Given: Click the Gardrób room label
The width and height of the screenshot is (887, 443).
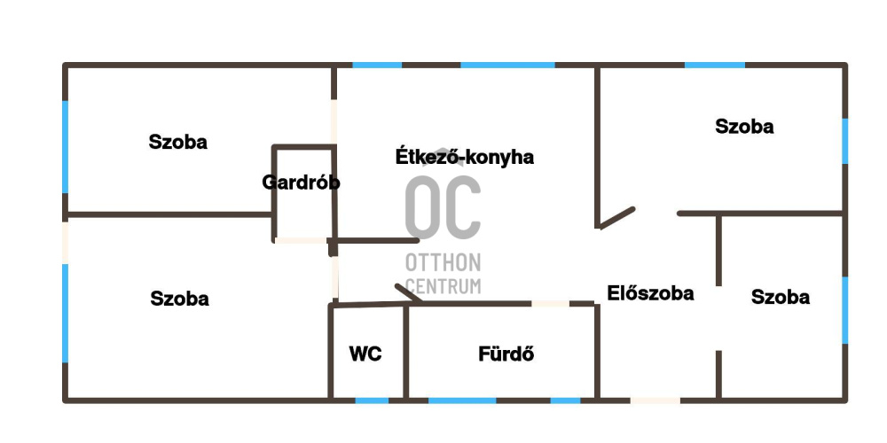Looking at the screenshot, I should click(301, 183).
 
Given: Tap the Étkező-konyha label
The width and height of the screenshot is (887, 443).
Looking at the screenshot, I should click(464, 158).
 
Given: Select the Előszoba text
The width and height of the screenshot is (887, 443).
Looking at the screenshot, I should click(650, 293).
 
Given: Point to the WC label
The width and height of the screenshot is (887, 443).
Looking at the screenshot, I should click(365, 354).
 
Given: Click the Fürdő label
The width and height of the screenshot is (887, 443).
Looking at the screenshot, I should click(506, 354).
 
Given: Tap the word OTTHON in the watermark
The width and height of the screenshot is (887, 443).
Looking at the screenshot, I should click(443, 263).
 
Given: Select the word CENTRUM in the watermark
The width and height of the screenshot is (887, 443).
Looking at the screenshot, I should click(443, 285).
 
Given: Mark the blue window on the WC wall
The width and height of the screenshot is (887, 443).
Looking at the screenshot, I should click(372, 400).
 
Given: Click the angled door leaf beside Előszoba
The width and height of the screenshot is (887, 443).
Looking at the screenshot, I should click(617, 218).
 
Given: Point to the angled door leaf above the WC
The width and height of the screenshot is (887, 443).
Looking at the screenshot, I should click(408, 292).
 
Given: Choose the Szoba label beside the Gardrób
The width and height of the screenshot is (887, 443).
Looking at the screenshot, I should click(178, 142).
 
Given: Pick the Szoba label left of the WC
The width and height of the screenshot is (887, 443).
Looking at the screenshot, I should click(179, 299).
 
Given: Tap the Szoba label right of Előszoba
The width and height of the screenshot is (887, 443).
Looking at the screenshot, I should click(780, 297).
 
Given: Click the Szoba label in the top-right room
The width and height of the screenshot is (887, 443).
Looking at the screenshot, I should click(744, 127).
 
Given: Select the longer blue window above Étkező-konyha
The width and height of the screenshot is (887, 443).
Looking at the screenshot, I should click(507, 65).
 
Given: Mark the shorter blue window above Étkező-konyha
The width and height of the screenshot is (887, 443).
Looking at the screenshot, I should click(378, 65).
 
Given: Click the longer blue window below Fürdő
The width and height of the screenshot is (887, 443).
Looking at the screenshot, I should click(462, 400).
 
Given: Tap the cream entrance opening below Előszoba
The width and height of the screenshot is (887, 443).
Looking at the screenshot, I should click(655, 400).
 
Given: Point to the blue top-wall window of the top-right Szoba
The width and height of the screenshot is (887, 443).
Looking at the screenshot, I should click(715, 65).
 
